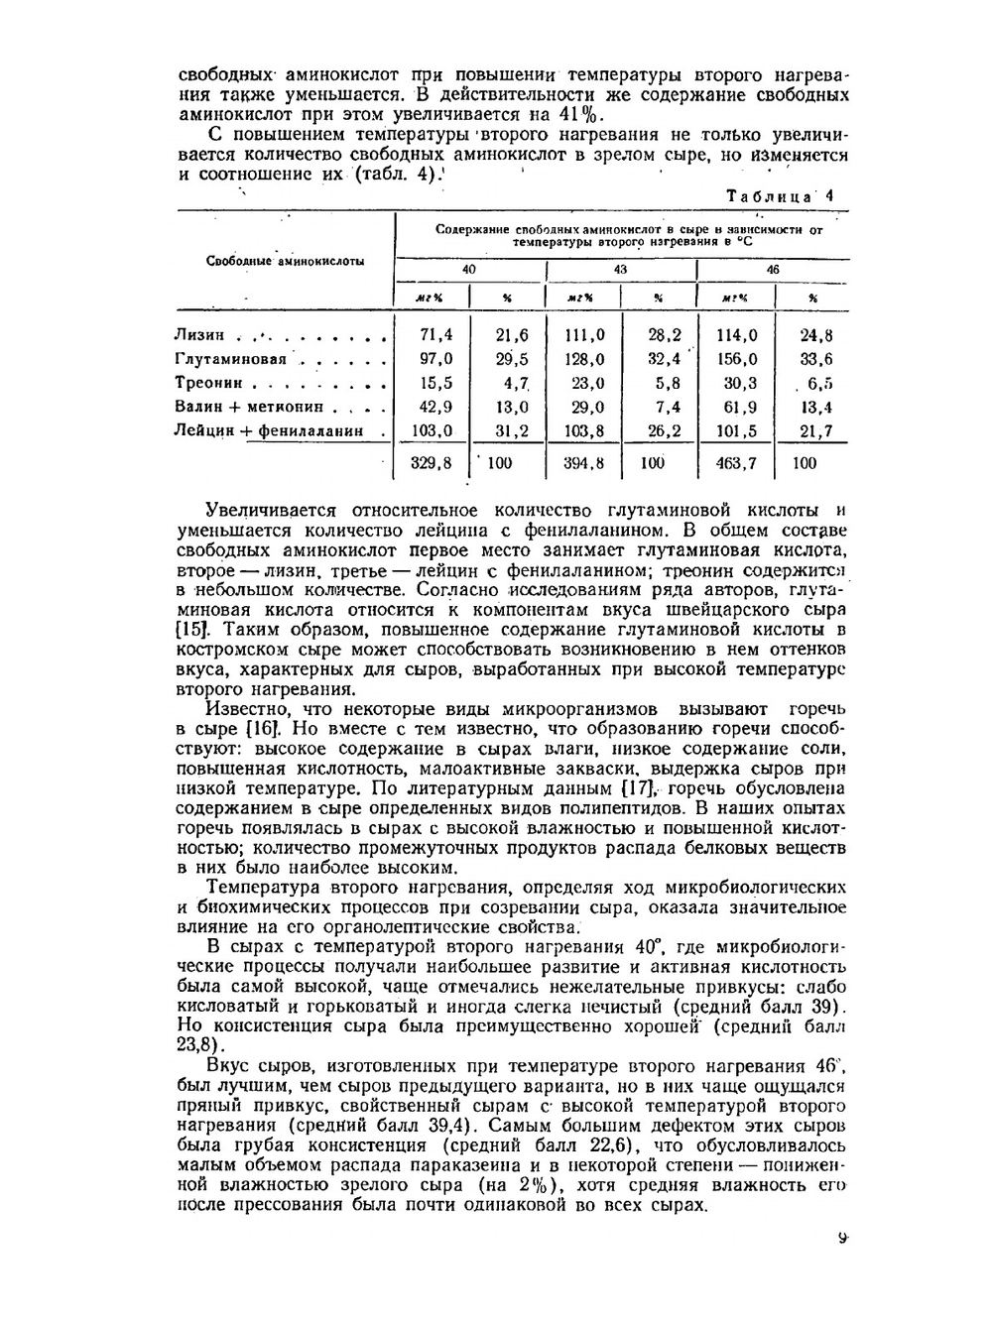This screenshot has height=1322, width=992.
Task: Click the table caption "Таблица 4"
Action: tap(781, 196)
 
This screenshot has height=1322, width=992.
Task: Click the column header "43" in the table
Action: tap(620, 270)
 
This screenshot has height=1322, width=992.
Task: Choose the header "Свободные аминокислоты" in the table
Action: tap(285, 262)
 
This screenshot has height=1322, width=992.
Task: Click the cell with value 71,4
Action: tap(436, 335)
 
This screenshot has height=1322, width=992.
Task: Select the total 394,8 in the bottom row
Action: tap(584, 462)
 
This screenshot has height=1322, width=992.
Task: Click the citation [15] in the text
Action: tap(190, 629)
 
